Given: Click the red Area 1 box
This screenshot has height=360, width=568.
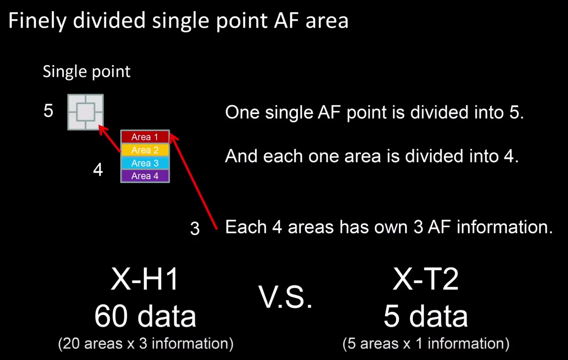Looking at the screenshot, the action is coord(145,137).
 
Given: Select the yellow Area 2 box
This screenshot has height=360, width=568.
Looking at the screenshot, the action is coord(145,150).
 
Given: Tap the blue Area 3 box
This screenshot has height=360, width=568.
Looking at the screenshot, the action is coord(145,163).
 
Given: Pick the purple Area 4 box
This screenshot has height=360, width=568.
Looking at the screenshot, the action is coord(145,176).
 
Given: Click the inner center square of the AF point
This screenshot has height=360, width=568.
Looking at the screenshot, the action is coord(86,112).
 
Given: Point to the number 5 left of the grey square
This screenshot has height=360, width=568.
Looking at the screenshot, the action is coord(49,111).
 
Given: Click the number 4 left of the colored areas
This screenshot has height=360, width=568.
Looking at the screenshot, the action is coord(98,169).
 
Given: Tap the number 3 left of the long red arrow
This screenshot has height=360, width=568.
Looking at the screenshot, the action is coord(195,229).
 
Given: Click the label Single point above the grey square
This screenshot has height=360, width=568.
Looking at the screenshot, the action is coord(86,72).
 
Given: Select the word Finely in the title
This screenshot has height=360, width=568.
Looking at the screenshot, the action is coord(38,21).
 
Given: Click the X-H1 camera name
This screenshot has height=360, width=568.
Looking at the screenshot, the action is coord(144,279).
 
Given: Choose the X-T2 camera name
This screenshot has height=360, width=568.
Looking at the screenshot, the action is coord(426,279).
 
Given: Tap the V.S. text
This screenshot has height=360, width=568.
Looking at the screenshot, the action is coord(285,297).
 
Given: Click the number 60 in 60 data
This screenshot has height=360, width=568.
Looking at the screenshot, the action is coord(111,316).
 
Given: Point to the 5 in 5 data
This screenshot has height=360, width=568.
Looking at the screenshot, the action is coord(392,316).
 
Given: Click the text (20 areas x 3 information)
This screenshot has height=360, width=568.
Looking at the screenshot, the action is coord(146,344).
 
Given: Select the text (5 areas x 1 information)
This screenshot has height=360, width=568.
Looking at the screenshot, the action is coord(426,344).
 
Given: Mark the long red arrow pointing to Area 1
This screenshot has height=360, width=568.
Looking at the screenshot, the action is coord(193,182).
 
